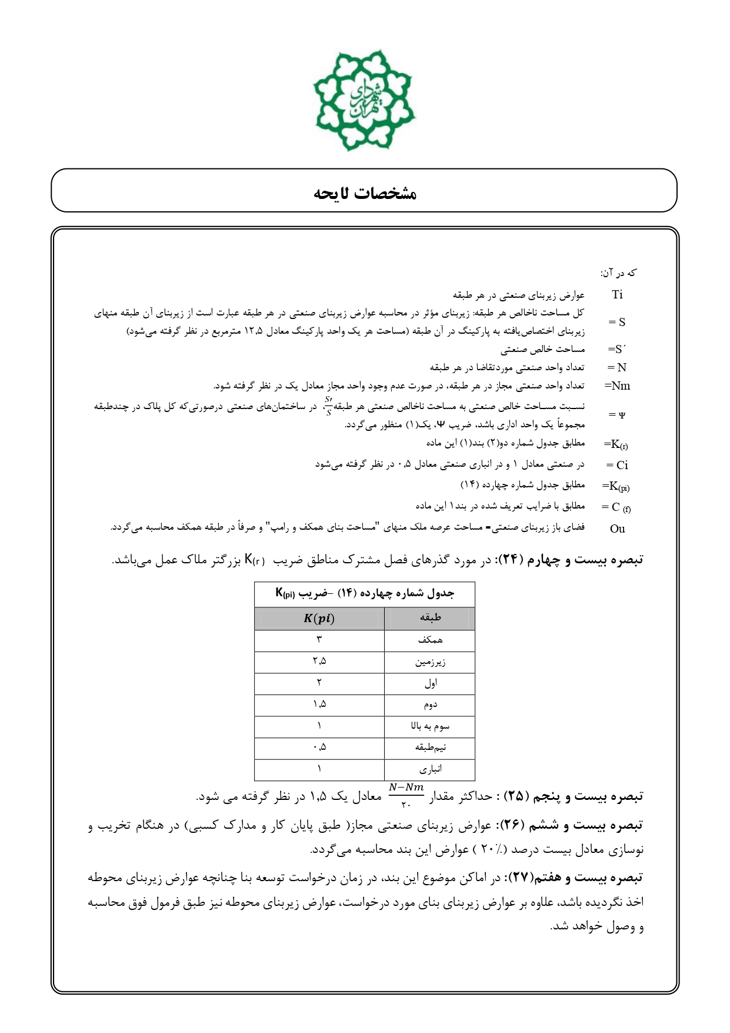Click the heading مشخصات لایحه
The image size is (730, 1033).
click(365, 192)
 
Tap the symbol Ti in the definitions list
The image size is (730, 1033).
click(617, 294)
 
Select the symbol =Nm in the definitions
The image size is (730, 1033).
click(617, 386)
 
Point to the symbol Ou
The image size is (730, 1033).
click(618, 529)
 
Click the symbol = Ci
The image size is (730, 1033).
click(617, 465)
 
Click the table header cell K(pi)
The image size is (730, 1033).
click(319, 618)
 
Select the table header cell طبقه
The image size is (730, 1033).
click(430, 618)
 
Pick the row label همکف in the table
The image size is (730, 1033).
click(430, 640)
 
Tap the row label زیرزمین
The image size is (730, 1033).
click(430, 662)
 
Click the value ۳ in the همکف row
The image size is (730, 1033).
click(319, 640)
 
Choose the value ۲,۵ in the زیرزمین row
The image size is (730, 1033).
click(319, 662)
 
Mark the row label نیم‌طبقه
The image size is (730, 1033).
click(430, 748)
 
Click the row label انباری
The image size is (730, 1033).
click(430, 769)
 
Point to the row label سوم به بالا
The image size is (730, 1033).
click(430, 726)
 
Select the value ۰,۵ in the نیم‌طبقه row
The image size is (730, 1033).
click(319, 748)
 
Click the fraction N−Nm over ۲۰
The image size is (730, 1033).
click(406, 796)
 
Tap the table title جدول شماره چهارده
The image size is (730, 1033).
click(365, 593)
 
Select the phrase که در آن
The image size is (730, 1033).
click(618, 273)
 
